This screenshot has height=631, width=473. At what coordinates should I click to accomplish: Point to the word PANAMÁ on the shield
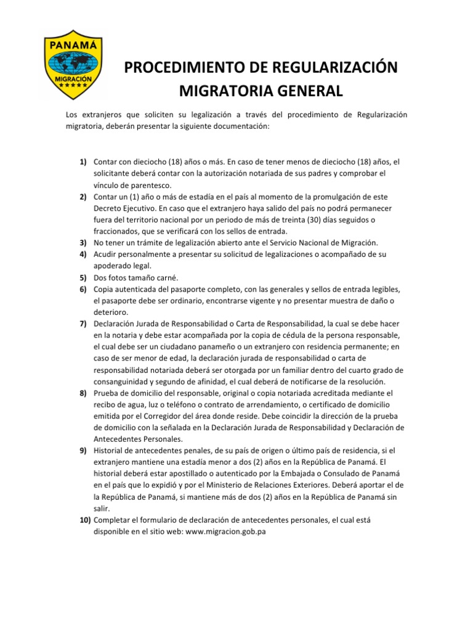tap(76, 44)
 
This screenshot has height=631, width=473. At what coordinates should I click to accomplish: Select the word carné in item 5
tap(164, 278)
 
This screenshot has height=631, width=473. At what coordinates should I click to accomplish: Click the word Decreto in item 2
tap(109, 208)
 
